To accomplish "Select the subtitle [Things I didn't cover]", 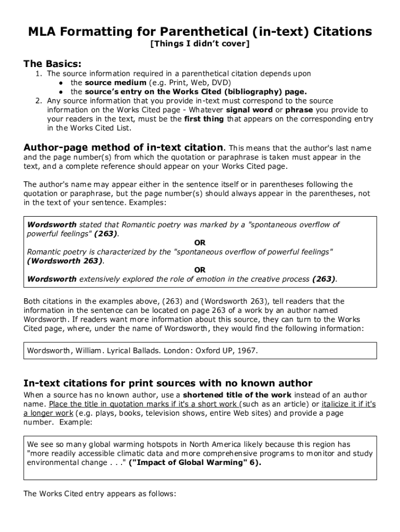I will (x=200, y=44).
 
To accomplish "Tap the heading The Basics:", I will (x=52, y=64).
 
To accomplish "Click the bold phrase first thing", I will (x=204, y=119).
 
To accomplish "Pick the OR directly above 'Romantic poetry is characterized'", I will (x=200, y=243).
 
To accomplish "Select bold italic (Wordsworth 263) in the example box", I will (x=65, y=261).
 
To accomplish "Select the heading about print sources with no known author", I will (x=168, y=383).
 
